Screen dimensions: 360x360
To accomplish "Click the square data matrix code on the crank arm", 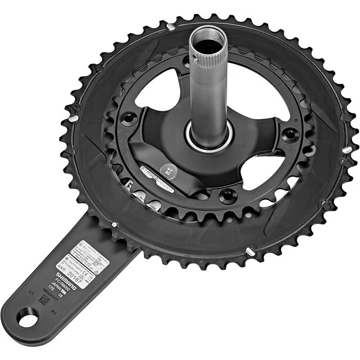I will (x=44, y=299).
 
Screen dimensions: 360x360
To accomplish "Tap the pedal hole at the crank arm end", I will (x=27, y=321).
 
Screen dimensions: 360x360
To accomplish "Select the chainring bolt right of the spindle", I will (x=289, y=134).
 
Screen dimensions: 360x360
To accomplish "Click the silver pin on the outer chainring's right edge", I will (x=348, y=149).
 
